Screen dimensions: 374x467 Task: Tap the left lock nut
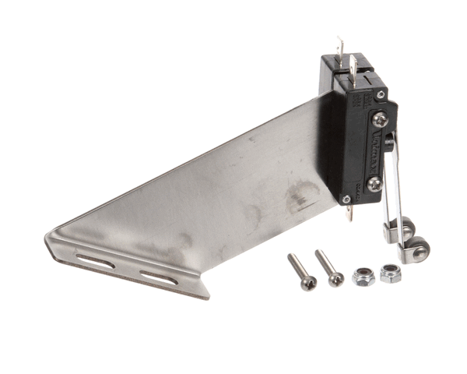pos(362,276)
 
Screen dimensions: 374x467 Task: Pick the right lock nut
pos(390,273)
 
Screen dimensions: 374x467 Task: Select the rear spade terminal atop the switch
pos(339,48)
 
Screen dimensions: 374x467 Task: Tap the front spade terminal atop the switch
pos(355,65)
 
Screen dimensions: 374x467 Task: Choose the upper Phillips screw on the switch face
pos(379,119)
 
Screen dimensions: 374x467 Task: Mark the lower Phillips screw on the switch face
pos(374,184)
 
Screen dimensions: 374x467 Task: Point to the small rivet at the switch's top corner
pos(381,94)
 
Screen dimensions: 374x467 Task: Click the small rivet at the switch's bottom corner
pos(346,199)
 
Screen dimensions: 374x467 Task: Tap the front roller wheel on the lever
pos(418,251)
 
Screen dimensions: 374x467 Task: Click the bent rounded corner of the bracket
pos(53,241)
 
